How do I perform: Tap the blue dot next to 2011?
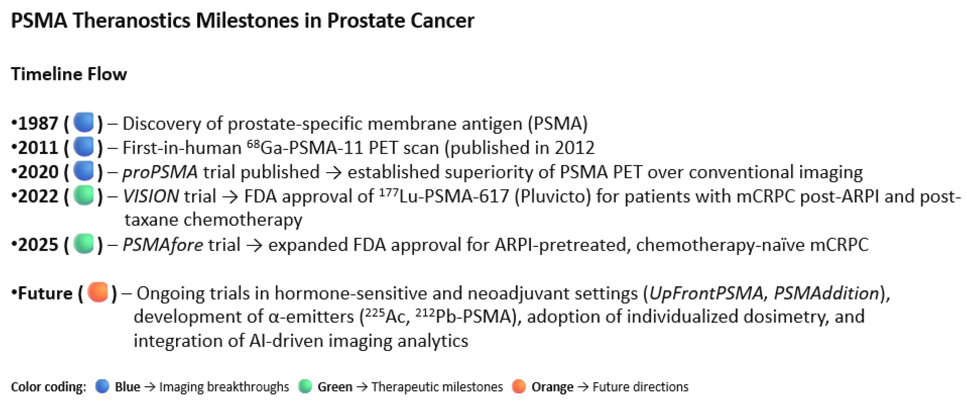click(83, 146)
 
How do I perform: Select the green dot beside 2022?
click(83, 195)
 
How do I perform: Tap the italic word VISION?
click(151, 197)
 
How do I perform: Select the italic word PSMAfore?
click(163, 245)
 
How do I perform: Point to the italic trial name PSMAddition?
click(827, 293)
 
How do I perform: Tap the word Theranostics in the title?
click(132, 20)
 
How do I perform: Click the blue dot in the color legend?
click(102, 386)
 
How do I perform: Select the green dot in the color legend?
click(305, 386)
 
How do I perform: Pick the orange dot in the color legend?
click(518, 386)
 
